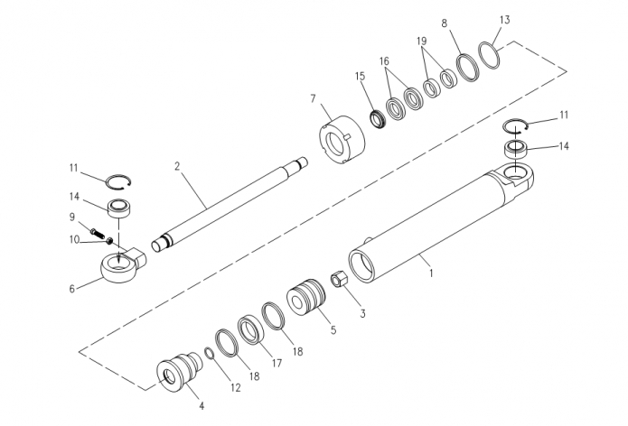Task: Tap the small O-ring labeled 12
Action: point(209,353)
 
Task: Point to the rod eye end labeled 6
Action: point(122,264)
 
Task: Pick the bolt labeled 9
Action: point(98,233)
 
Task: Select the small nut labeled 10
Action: point(109,240)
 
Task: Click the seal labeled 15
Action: point(377,120)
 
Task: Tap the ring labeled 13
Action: point(490,55)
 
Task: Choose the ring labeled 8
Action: point(468,68)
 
